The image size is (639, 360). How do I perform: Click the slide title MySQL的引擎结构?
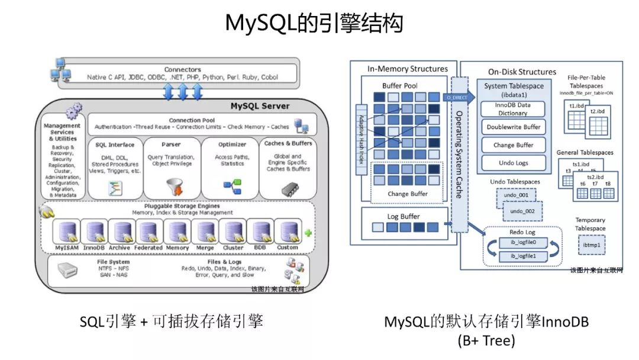[314, 24]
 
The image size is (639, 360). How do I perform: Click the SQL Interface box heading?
[114, 144]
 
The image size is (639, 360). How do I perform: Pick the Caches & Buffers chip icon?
[289, 188]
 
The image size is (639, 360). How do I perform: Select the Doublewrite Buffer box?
[513, 127]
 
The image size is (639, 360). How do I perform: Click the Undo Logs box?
[513, 163]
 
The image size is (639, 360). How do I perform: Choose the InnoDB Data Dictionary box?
[513, 109]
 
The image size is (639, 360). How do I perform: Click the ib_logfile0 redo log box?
[520, 243]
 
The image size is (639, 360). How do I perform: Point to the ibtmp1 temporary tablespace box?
[592, 245]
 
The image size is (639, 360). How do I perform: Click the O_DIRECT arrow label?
[456, 97]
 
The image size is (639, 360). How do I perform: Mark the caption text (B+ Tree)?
[486, 341]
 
